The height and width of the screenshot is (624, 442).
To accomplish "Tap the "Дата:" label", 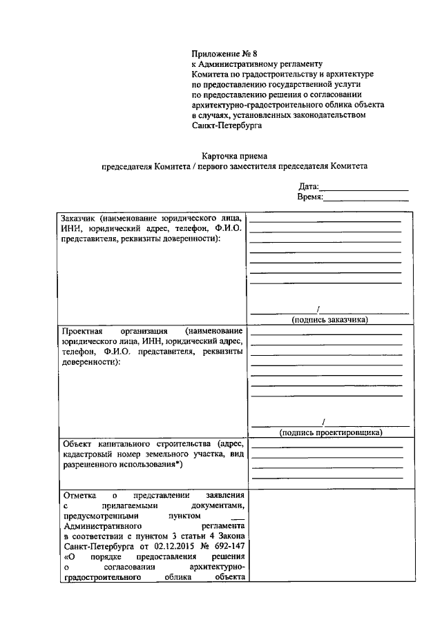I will point(309,187).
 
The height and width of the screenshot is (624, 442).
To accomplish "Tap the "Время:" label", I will point(310,197).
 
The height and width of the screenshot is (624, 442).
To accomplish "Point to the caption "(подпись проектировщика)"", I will point(330,432).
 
